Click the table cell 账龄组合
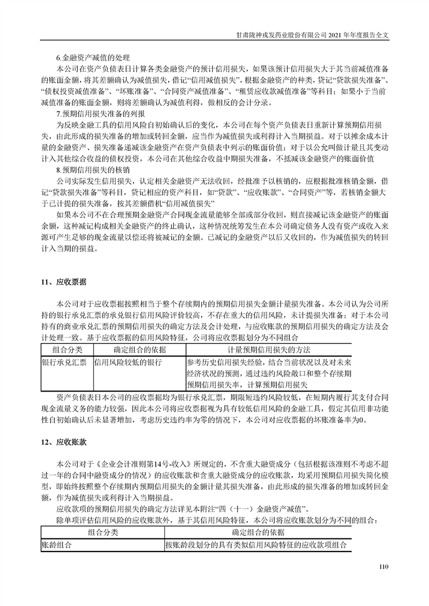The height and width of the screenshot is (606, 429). (x=56, y=545)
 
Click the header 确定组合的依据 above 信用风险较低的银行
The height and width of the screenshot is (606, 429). (x=137, y=350)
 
